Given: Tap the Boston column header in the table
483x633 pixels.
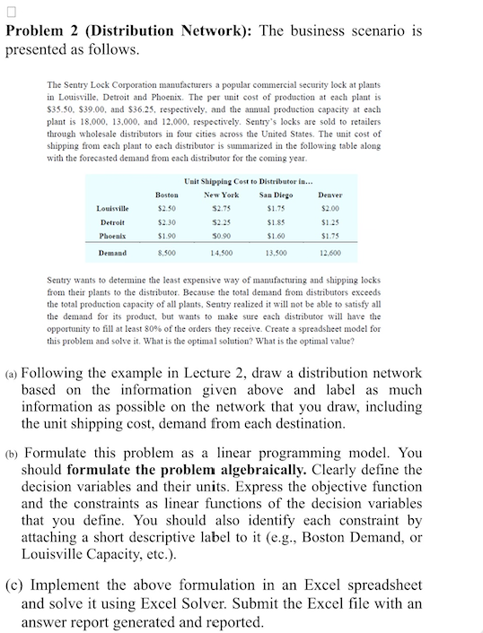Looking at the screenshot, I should [x=166, y=195].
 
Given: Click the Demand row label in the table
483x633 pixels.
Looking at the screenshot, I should [x=111, y=254].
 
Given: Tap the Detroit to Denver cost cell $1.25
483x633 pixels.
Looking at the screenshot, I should [x=329, y=222].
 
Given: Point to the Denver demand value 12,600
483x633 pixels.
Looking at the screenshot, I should [x=329, y=254].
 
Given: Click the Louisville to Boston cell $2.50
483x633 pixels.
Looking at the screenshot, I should [x=166, y=209].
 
